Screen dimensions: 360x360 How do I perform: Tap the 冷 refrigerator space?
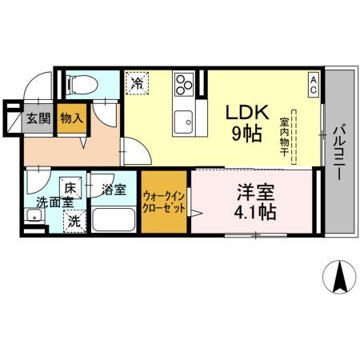[135, 82]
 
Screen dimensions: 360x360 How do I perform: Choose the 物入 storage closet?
[72, 118]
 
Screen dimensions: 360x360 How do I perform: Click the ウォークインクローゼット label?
[166, 201]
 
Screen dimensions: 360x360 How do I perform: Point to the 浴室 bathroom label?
[114, 190]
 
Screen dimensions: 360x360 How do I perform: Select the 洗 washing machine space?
[73, 220]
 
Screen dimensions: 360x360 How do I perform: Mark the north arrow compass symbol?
[340, 277]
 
